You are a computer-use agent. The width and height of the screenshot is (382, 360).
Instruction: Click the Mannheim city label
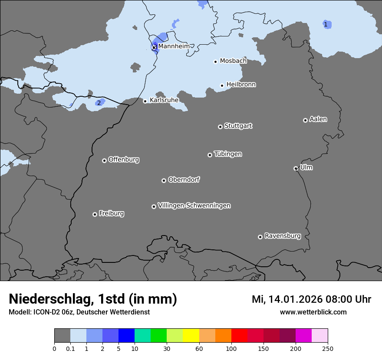pyautogui.click(x=174, y=46)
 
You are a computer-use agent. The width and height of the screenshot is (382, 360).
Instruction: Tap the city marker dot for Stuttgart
pyautogui.click(x=220, y=127)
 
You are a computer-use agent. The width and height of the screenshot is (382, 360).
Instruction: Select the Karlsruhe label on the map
pyautogui.click(x=164, y=100)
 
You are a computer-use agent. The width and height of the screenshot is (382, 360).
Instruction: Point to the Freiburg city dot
pyautogui.click(x=95, y=214)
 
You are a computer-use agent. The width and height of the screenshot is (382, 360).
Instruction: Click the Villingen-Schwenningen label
pyautogui.click(x=194, y=206)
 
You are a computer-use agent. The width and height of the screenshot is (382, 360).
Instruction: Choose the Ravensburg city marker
pyautogui.click(x=260, y=237)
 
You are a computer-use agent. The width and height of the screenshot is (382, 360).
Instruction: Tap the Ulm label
pyautogui.click(x=306, y=167)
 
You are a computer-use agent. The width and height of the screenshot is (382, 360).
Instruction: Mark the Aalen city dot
pyautogui.click(x=305, y=120)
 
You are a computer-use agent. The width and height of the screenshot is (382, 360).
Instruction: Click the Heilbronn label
pyautogui.click(x=241, y=85)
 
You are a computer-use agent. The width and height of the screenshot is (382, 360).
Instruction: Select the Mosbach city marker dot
pyautogui.click(x=215, y=62)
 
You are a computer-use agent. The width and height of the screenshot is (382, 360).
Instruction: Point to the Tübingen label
pyautogui.click(x=228, y=154)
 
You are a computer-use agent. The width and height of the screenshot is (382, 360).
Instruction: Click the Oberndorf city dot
pyautogui.click(x=164, y=180)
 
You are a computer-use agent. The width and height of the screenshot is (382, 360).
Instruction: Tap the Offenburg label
pyautogui.click(x=124, y=160)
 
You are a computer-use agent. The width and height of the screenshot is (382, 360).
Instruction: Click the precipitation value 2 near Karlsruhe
pyautogui.click(x=99, y=103)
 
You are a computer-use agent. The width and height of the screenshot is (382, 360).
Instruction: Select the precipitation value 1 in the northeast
pyautogui.click(x=326, y=24)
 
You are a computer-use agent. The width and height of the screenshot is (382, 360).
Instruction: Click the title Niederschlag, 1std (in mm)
pyautogui.click(x=93, y=299)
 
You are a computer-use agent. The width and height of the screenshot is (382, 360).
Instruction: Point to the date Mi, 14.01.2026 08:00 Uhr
pyautogui.click(x=311, y=299)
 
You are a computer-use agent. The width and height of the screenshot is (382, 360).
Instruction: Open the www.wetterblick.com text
pyautogui.click(x=313, y=312)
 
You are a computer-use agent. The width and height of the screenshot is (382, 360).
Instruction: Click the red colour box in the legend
pyautogui.click(x=239, y=336)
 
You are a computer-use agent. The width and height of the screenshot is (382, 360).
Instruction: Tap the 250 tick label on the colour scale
pyautogui.click(x=328, y=348)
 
